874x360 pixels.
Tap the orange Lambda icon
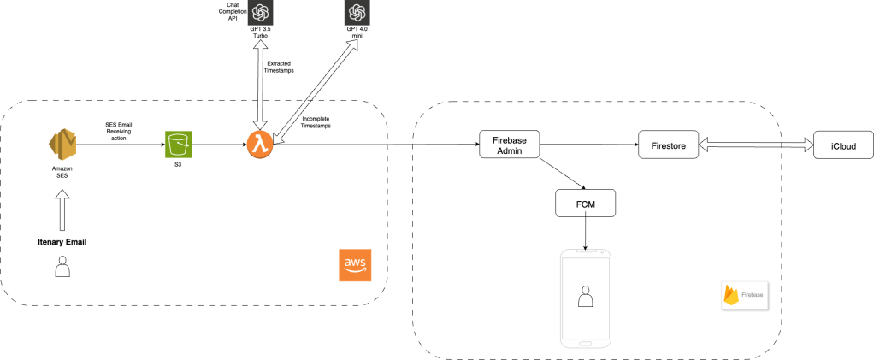pyautogui.click(x=260, y=145)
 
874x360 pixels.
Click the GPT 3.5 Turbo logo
pyautogui.click(x=260, y=15)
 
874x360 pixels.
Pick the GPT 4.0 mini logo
pyautogui.click(x=357, y=15)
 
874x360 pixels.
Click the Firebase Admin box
pyautogui.click(x=508, y=145)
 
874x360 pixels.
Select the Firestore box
pyautogui.click(x=669, y=145)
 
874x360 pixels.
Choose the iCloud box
pyautogui.click(x=843, y=145)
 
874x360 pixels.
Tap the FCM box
pyautogui.click(x=585, y=204)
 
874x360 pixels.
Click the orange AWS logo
pyautogui.click(x=354, y=264)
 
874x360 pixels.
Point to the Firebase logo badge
pyautogui.click(x=745, y=293)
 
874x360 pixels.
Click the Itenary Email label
pyautogui.click(x=62, y=242)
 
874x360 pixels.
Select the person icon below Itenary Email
pyautogui.click(x=62, y=269)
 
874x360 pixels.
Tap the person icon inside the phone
pyautogui.click(x=585, y=297)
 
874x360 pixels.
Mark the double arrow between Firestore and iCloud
pyautogui.click(x=756, y=145)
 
